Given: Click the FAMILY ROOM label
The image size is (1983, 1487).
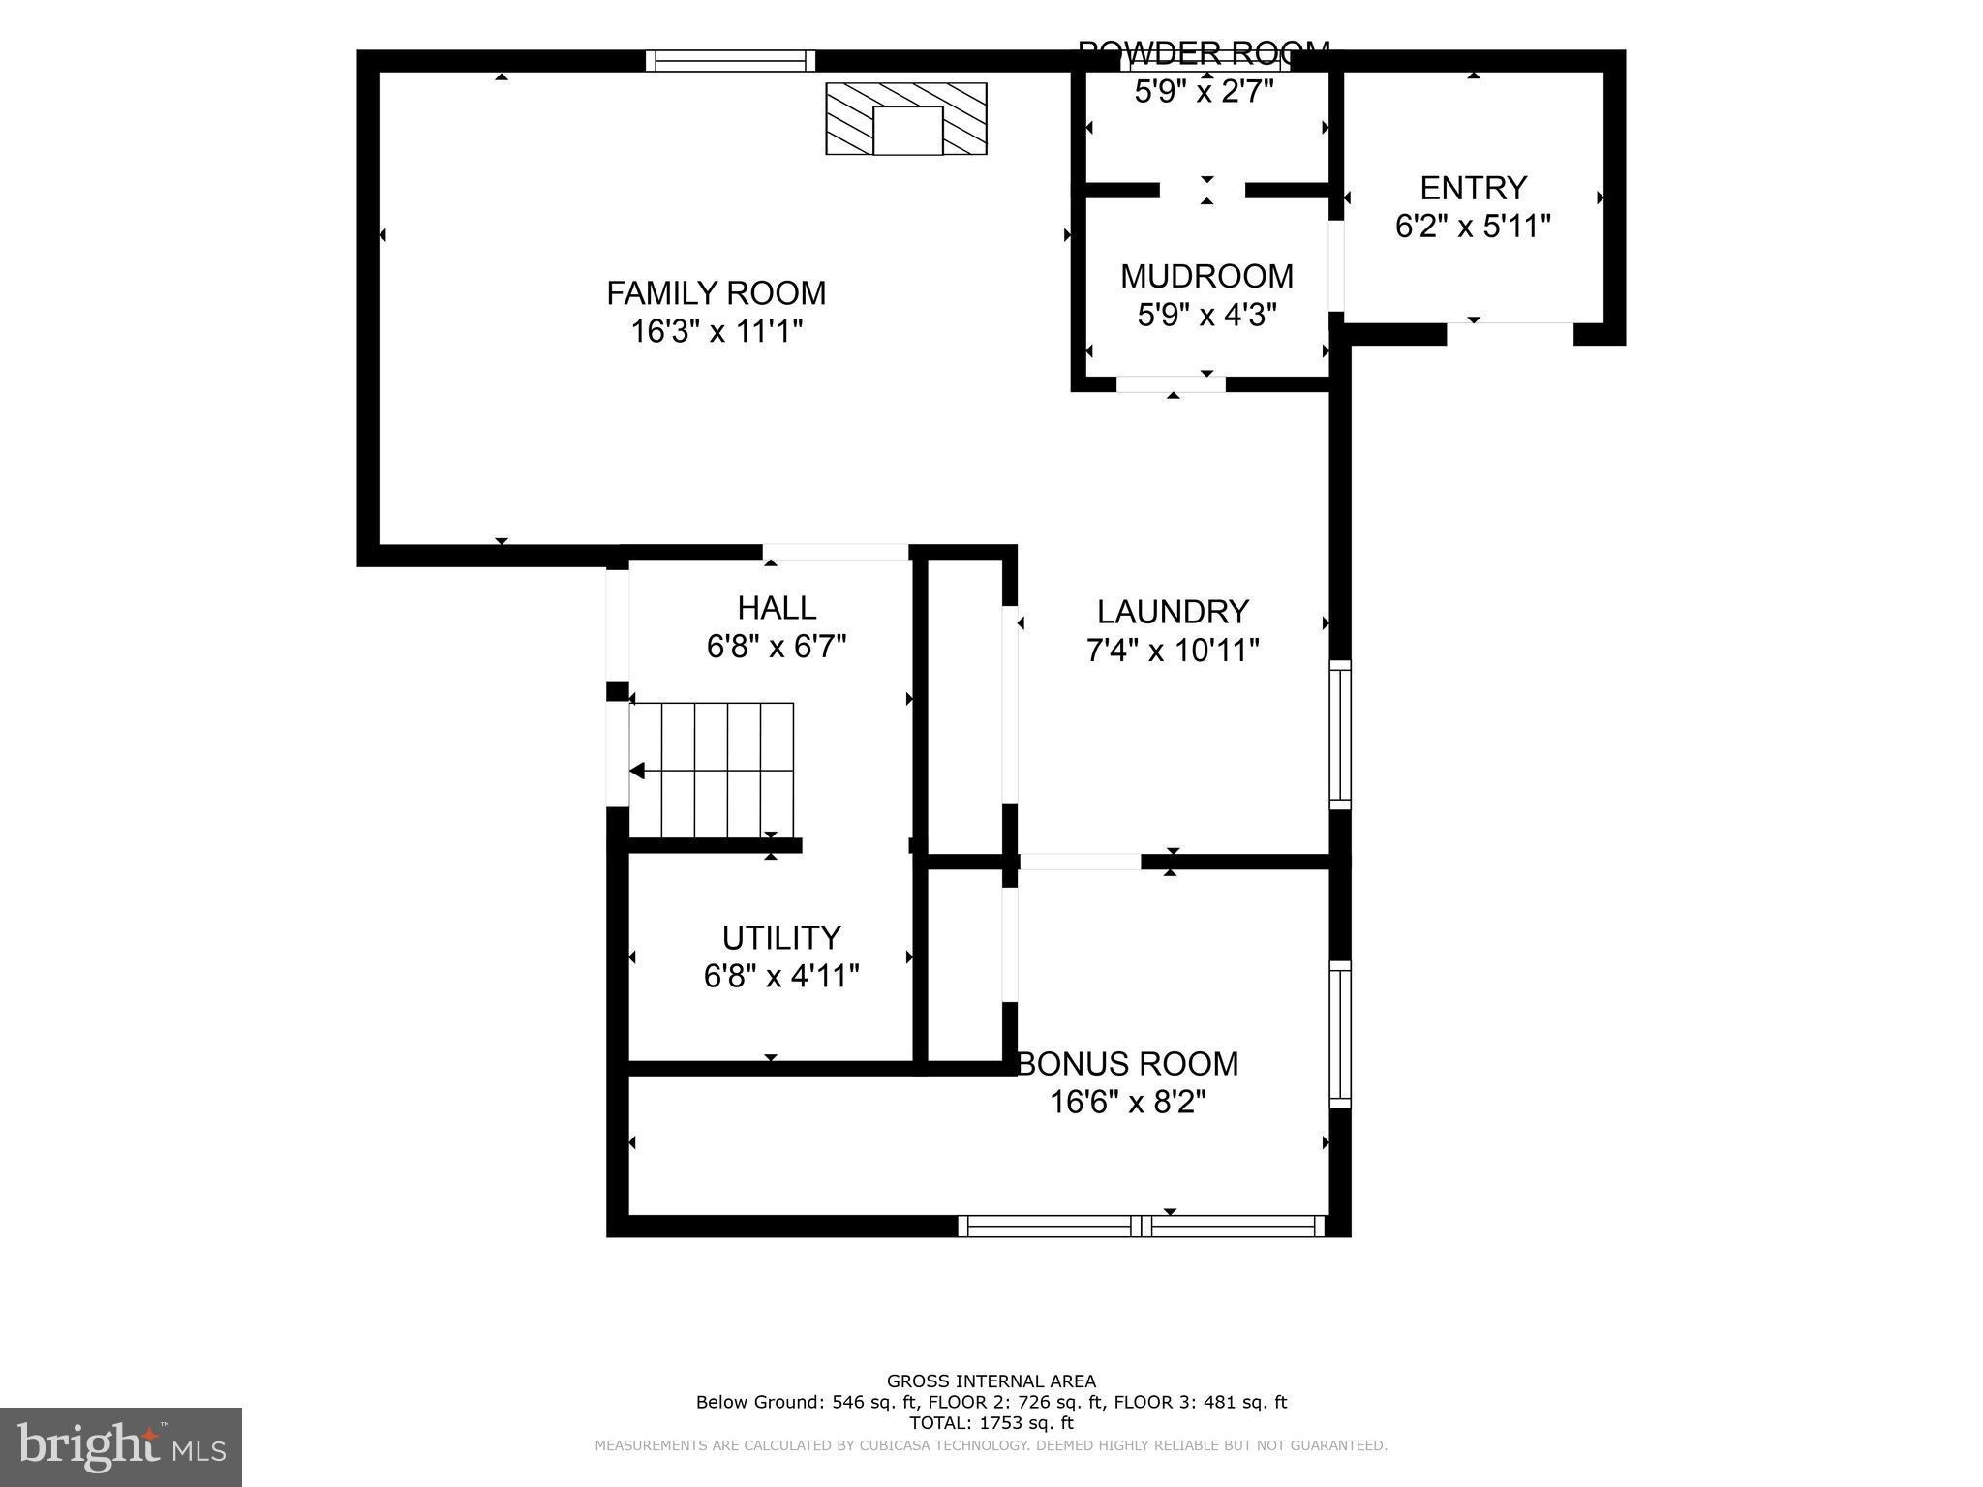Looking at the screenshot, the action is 716,292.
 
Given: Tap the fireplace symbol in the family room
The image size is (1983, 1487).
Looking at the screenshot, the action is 906,119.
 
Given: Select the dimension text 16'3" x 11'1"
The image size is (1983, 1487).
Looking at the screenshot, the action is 717,332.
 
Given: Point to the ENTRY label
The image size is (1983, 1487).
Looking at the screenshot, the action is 1473,187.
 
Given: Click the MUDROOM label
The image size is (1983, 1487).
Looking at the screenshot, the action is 1206,276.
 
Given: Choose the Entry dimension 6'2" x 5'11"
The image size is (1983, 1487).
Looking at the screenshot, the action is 1473,227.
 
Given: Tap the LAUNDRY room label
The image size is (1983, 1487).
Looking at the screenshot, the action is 1173,612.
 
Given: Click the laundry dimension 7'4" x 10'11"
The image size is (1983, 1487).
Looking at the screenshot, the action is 1173,651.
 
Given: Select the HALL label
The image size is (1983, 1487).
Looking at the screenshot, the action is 777,608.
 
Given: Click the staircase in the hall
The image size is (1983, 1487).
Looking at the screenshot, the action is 712,771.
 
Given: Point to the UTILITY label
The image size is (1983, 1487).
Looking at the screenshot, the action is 781,937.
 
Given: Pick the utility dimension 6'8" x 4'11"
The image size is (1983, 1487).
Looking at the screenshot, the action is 781,976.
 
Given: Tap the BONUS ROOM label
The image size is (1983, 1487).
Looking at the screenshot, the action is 1128,1064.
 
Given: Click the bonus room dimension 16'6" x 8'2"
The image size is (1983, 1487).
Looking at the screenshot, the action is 1128,1102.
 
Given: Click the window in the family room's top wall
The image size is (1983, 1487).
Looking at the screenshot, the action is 730,61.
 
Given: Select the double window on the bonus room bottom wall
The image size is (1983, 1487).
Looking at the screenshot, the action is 1142,1226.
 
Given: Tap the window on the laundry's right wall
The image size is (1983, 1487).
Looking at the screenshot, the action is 1340,735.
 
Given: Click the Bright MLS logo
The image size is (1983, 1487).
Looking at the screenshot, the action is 120,1447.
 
